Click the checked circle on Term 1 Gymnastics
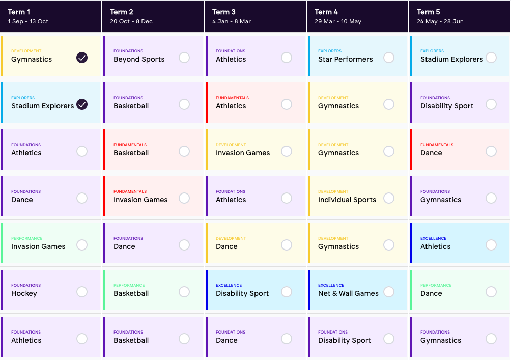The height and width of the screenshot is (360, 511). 82,58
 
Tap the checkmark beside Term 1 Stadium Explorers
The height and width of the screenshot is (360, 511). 82,105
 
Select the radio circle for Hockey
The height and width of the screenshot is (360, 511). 82,292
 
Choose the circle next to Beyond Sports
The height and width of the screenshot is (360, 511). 184,58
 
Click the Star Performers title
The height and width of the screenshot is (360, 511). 346,60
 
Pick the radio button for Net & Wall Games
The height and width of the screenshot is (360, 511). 389,292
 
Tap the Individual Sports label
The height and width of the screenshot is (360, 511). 347,200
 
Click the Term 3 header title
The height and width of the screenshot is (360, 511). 223,12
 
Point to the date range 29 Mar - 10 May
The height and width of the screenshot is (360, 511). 338,21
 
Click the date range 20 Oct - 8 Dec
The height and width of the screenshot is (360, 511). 131,21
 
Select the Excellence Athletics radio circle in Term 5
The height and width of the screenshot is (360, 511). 491,245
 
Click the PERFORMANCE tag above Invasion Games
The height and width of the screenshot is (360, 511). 27,238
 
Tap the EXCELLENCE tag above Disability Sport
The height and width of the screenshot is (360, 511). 229,285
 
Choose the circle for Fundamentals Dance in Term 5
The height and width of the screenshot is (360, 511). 491,151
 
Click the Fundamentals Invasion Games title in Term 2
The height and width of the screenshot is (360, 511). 140,200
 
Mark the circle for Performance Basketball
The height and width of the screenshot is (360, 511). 184,292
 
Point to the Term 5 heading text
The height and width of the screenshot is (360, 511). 428,12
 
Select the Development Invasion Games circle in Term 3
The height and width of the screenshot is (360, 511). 287,151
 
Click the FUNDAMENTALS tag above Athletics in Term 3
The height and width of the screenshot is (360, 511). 233,98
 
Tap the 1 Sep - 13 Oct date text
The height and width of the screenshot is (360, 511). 28,21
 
